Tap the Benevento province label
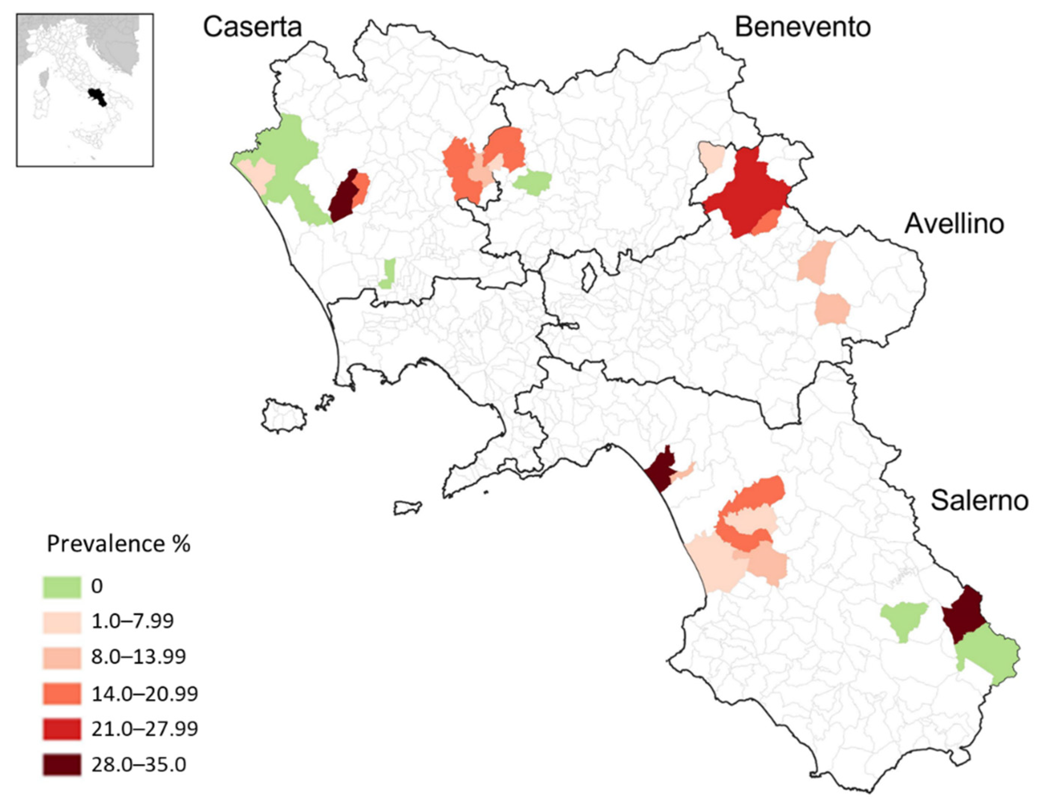(803, 27)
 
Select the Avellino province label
(954, 223)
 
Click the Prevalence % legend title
(118, 544)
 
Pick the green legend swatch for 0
(62, 587)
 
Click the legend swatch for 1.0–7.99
(62, 622)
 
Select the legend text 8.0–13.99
(139, 657)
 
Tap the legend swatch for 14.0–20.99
(62, 693)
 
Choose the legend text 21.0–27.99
(144, 729)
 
